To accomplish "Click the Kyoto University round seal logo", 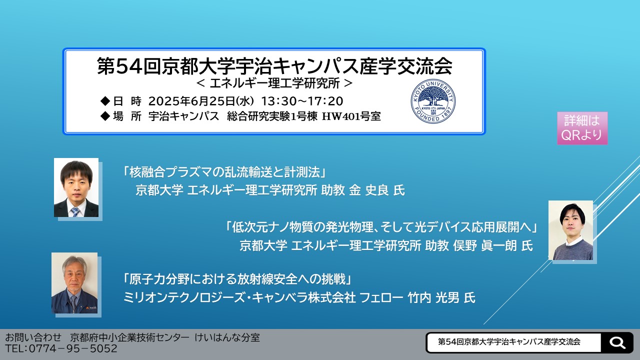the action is click(x=433, y=101).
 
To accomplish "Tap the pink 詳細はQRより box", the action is click(x=582, y=128).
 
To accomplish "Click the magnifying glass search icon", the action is click(x=617, y=342).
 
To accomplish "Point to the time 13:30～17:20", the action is click(x=302, y=101).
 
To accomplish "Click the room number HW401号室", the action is click(x=351, y=116).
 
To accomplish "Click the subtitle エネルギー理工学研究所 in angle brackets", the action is click(x=274, y=83).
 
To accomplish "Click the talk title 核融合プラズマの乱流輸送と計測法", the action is click(x=225, y=172).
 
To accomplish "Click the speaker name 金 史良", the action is click(x=368, y=190).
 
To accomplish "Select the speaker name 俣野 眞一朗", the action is click(x=485, y=245).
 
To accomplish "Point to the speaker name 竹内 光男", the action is click(x=447, y=297).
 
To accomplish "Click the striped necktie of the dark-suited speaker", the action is click(x=75, y=211).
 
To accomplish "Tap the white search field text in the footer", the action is click(x=509, y=342).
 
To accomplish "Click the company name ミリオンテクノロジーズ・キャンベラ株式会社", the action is click(x=239, y=297).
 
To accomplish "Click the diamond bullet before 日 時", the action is click(x=105, y=101).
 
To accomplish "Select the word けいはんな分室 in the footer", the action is click(x=227, y=337).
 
